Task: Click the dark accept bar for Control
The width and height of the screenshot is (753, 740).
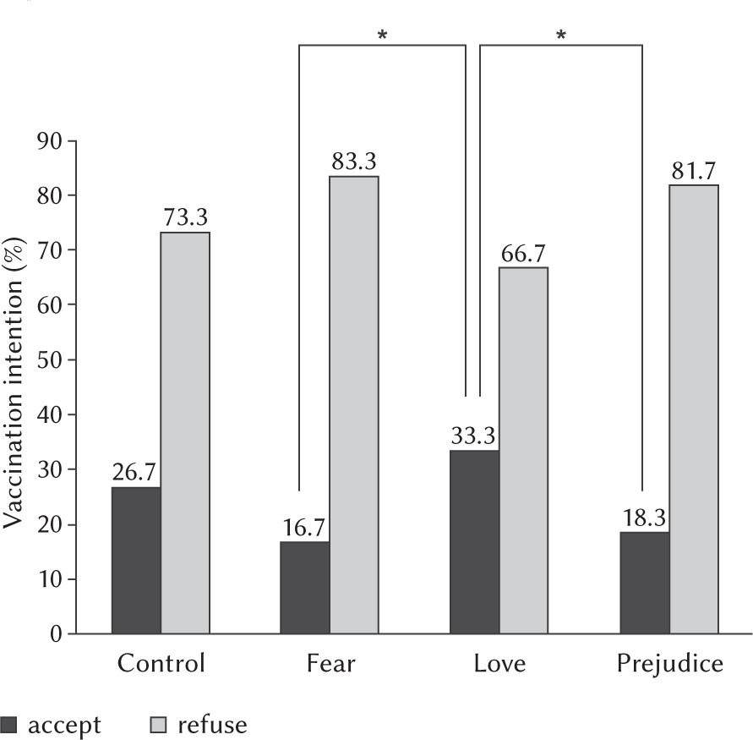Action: tap(135, 560)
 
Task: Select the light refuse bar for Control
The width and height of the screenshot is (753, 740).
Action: tap(185, 433)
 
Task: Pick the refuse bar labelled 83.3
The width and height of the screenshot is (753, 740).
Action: tap(354, 405)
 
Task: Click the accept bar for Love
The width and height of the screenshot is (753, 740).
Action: tap(474, 542)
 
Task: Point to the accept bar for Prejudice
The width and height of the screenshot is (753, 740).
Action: tap(644, 583)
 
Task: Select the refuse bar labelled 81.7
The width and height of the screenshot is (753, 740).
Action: tap(694, 409)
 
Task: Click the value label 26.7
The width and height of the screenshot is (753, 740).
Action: tap(135, 470)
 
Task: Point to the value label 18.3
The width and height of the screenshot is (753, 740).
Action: tap(644, 516)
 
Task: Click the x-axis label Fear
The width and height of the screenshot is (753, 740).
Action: tap(331, 663)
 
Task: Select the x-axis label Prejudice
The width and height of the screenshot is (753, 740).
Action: tap(668, 663)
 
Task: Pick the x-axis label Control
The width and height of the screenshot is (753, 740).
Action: tap(161, 663)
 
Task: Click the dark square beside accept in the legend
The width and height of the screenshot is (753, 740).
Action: tap(8, 725)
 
